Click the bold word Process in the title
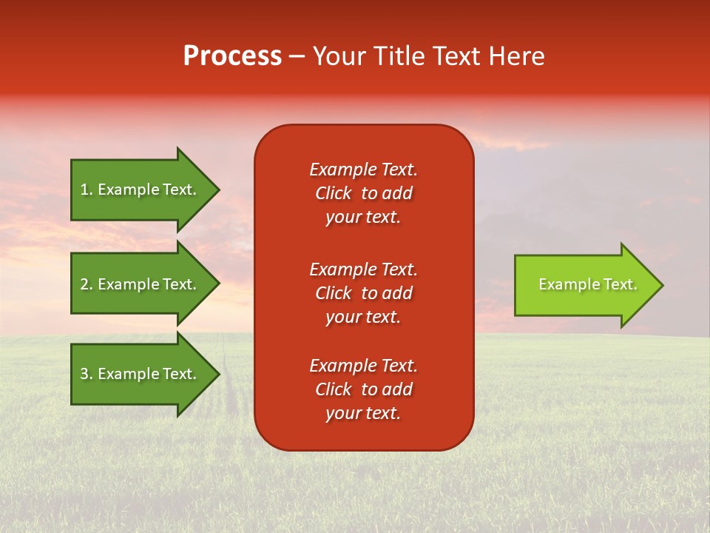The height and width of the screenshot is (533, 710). [x=232, y=56]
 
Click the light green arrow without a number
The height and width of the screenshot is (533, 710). [x=584, y=285]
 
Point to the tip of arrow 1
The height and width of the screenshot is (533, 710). [x=218, y=190]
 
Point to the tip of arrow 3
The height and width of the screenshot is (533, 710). [x=218, y=374]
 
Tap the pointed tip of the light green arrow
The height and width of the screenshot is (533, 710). [x=662, y=285]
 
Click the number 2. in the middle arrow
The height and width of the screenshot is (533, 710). [x=87, y=284]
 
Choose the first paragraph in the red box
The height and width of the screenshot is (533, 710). [x=363, y=193]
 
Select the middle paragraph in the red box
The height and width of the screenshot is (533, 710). [x=363, y=293]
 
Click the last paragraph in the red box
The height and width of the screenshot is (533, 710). [x=363, y=389]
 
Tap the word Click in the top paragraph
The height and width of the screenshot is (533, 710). [x=334, y=193]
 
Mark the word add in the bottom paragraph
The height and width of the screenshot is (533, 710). [x=398, y=389]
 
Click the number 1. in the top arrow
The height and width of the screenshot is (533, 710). [x=87, y=190]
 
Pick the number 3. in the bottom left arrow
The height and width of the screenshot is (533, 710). [x=87, y=374]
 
